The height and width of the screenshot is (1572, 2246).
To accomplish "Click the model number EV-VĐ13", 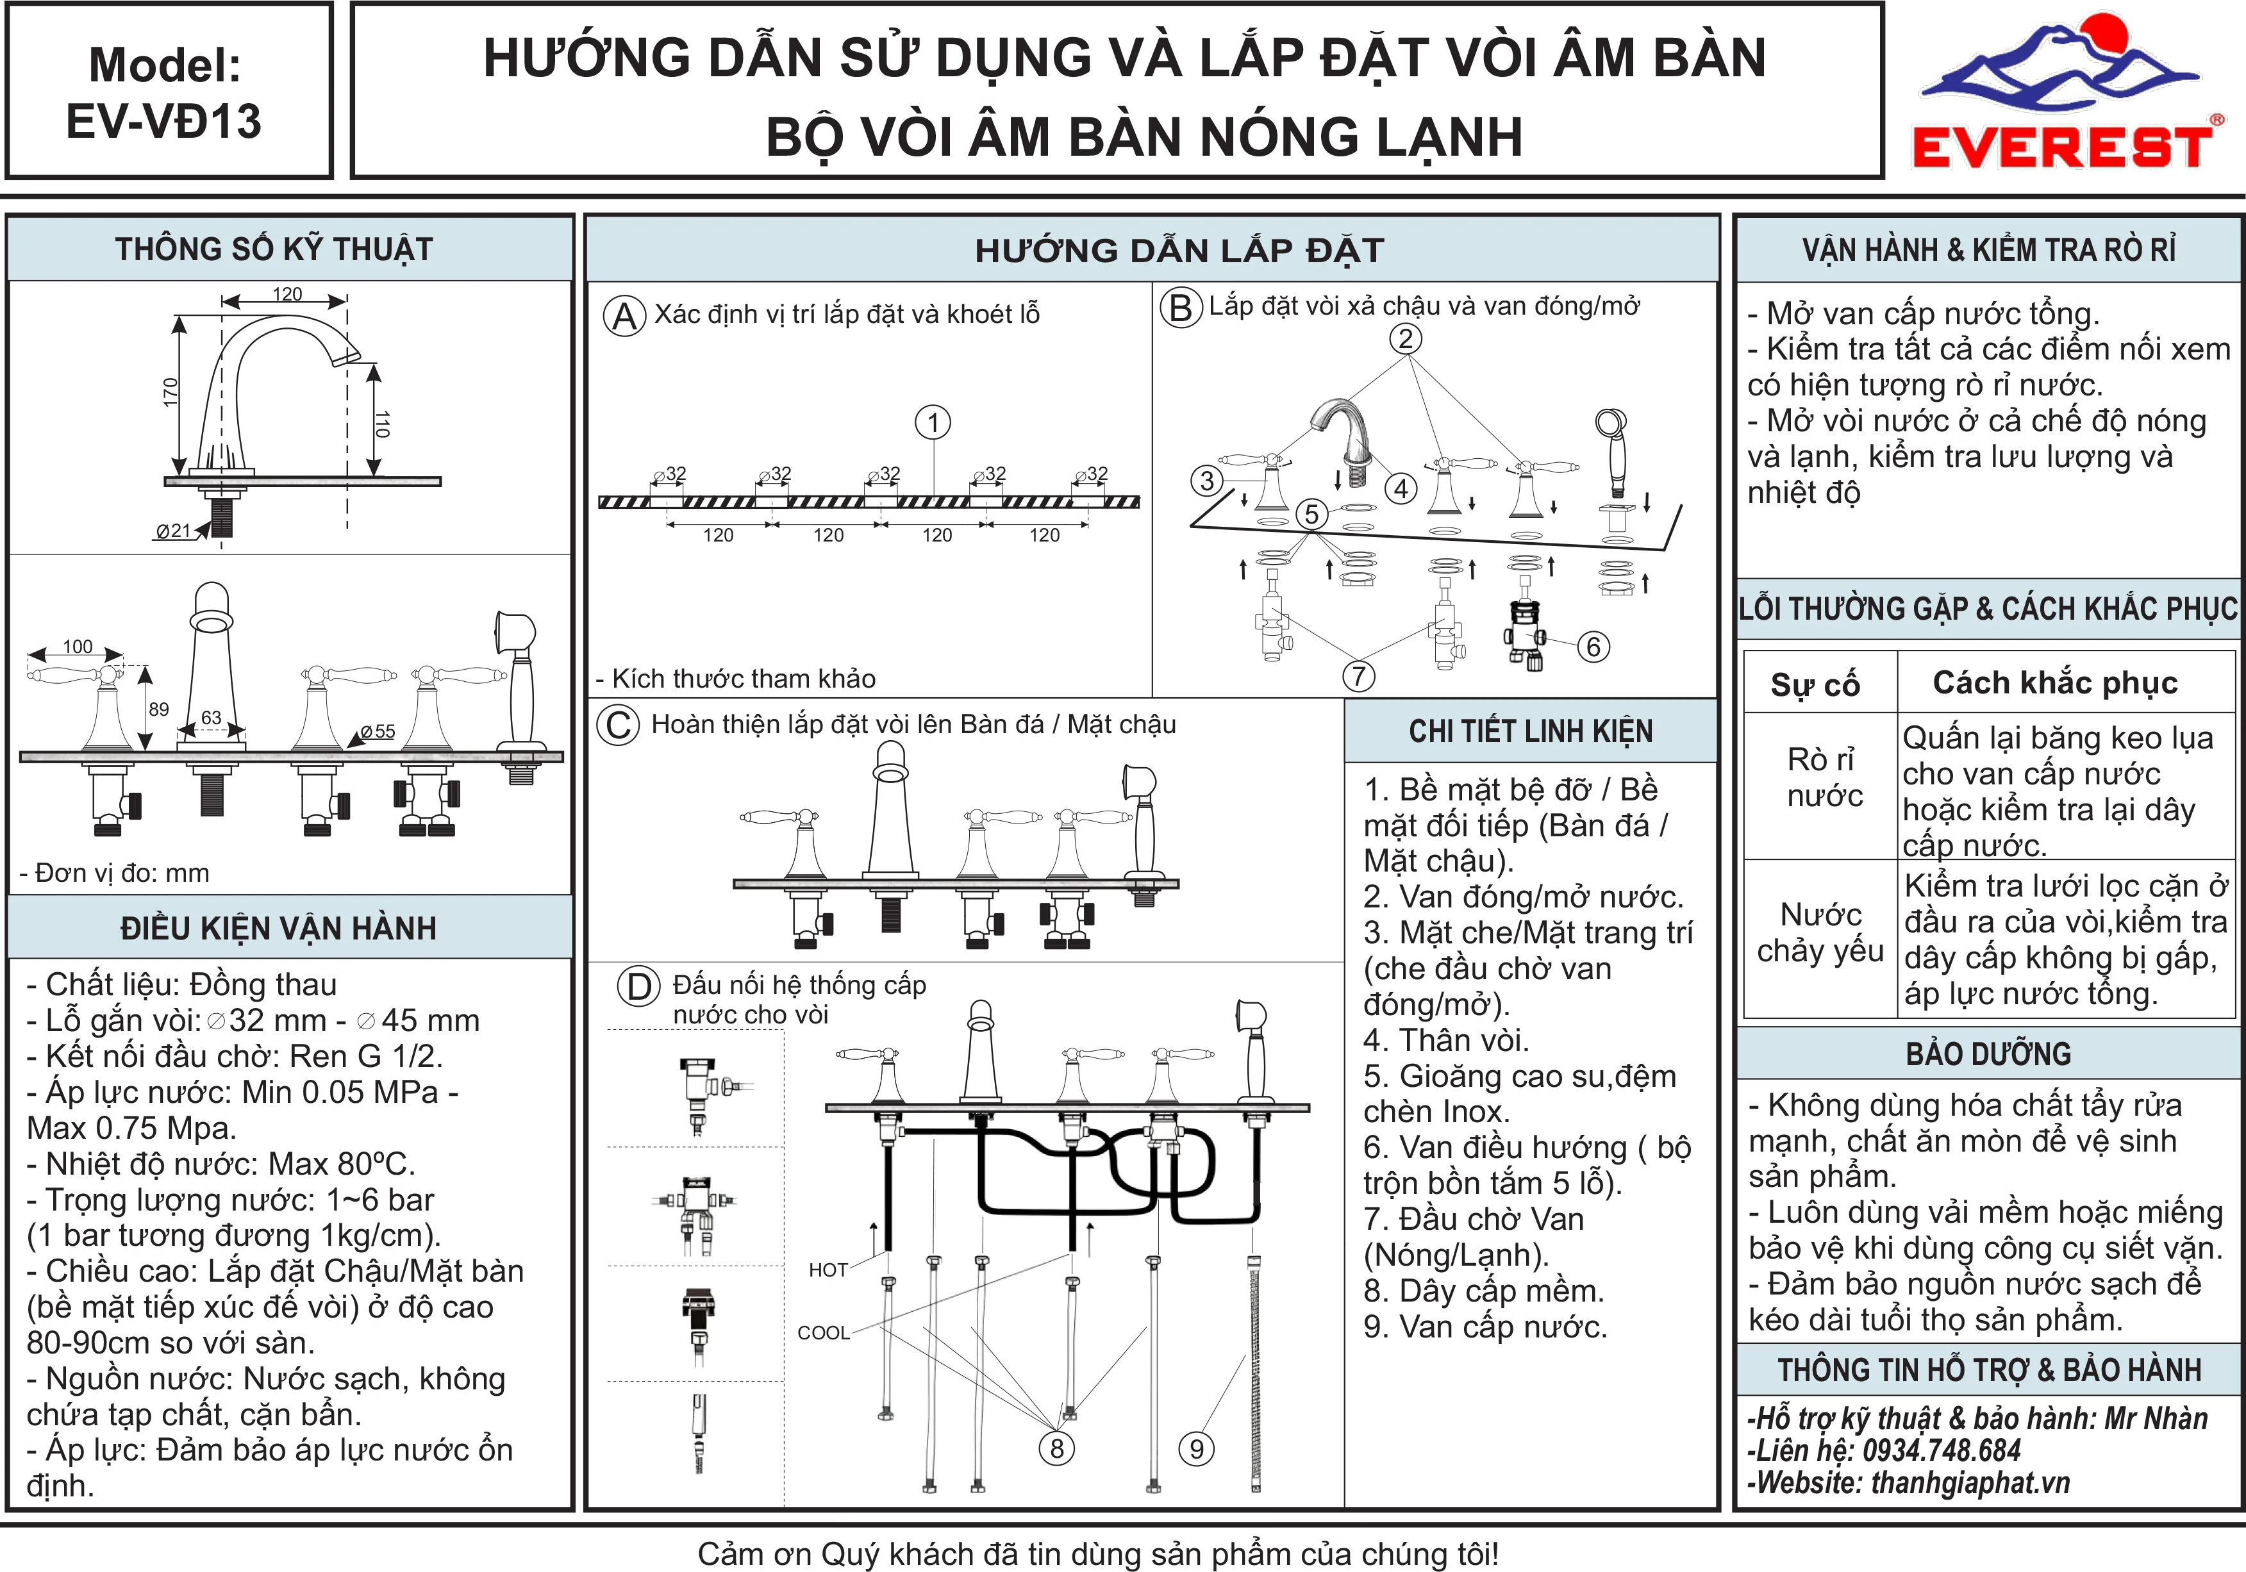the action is tap(164, 121).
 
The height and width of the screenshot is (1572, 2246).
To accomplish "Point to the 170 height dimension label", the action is tap(171, 392).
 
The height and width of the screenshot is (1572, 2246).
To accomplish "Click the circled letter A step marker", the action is tap(625, 316).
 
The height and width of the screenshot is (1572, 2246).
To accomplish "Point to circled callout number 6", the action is tap(1593, 647).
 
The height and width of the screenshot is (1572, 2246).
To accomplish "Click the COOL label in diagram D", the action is tap(824, 1332).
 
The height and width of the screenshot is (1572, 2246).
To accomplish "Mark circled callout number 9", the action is tap(1196, 1449).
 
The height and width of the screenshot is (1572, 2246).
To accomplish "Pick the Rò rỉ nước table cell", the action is tap(1824, 778).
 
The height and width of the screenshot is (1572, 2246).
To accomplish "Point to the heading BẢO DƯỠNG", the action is tap(1989, 1054).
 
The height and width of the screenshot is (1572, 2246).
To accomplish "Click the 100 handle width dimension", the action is tap(78, 647).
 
